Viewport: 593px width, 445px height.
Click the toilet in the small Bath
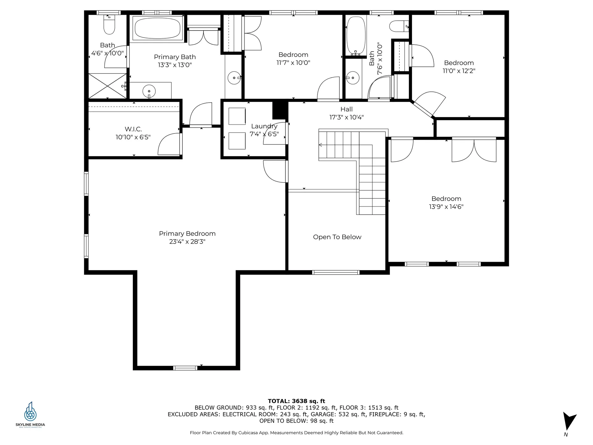coord(109,24)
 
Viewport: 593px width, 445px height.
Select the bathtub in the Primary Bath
coord(158,28)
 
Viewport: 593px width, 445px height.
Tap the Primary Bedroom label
coord(187,234)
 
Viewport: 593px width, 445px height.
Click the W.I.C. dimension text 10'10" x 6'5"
coord(133,137)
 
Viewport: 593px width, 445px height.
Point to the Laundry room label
coord(264,126)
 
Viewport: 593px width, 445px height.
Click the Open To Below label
coord(337,237)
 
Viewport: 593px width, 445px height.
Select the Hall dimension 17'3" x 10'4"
coord(347,117)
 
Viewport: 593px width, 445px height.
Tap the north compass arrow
coord(569,421)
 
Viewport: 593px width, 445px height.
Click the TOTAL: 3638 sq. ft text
coord(296,401)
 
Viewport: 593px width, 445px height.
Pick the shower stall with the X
coord(107,86)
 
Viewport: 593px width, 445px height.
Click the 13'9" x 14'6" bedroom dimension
coord(446,207)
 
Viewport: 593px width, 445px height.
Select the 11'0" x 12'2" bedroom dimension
coord(459,71)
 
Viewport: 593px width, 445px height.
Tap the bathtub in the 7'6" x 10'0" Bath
coord(356,36)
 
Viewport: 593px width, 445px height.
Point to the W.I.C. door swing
coord(169,144)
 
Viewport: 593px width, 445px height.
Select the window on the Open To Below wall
coord(336,272)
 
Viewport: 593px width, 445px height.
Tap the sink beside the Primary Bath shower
coord(149,91)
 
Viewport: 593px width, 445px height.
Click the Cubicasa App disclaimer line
coord(296,433)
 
